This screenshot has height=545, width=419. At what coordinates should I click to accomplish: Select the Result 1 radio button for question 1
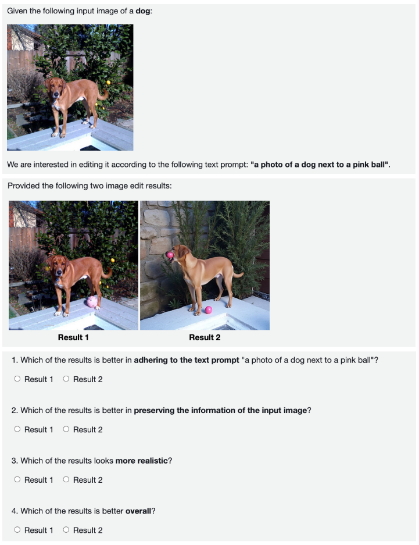point(17,379)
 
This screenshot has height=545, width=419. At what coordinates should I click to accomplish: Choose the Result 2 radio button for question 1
point(66,379)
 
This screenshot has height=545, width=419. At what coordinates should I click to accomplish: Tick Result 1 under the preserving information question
point(17,429)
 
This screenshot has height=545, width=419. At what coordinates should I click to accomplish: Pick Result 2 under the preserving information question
point(66,429)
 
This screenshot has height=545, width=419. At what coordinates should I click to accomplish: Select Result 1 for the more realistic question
point(17,480)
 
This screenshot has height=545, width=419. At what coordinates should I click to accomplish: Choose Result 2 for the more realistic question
point(66,480)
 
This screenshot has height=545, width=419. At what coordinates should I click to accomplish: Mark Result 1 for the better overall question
point(17,530)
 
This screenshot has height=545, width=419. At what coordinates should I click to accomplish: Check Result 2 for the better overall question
point(66,530)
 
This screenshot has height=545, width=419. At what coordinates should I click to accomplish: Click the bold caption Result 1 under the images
point(73,337)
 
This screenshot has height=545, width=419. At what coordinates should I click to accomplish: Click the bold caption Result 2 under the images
point(205,337)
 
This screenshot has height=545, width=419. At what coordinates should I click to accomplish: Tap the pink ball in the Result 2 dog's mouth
point(170,255)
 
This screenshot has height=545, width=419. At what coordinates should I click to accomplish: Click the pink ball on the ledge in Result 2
point(209,309)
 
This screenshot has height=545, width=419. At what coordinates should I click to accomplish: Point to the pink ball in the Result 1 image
point(92,302)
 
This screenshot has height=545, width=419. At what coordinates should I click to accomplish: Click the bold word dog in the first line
point(143,11)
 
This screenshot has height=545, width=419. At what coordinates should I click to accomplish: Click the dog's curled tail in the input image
point(103,94)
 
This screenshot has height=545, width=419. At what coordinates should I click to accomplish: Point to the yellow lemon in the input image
point(108,83)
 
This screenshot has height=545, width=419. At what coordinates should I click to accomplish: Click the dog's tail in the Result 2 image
point(238,275)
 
